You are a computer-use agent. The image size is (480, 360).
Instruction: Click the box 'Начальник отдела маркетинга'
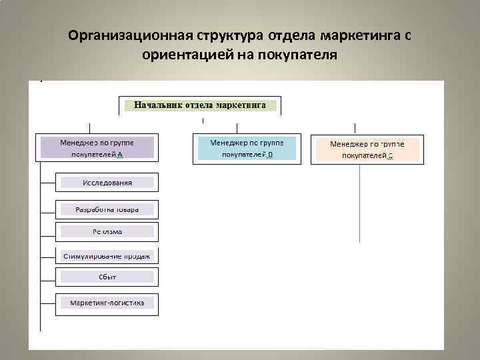tap(200, 105)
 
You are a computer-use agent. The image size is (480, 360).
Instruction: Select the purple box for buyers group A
tap(97, 148)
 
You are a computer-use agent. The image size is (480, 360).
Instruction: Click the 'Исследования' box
tap(107, 182)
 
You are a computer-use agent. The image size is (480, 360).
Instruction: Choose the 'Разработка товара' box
tap(107, 209)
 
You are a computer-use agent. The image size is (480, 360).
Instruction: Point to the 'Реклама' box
tap(107, 232)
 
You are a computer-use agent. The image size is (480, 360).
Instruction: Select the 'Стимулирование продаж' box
tap(107, 255)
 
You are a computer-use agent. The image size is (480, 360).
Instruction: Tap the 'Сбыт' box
tap(107, 276)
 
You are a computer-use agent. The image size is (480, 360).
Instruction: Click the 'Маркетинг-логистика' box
tap(107, 303)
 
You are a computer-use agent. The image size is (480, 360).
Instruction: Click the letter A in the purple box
tap(119, 155)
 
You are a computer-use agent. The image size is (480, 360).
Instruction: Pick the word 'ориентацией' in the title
tap(182, 54)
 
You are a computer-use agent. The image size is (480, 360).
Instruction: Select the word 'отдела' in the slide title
tap(293, 35)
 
